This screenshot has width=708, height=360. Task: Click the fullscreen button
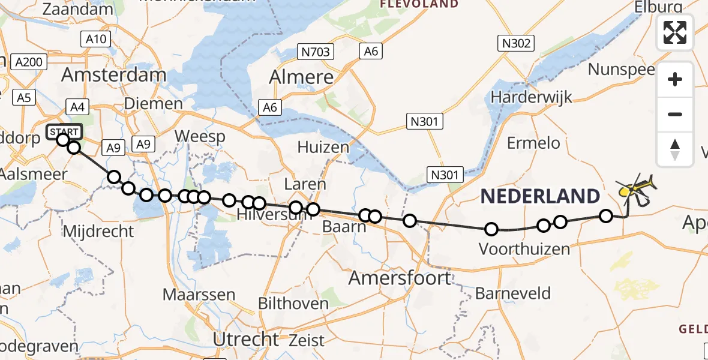click(x=675, y=32)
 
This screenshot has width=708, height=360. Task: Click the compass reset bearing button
click(x=675, y=149)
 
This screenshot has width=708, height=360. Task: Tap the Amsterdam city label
click(x=113, y=75)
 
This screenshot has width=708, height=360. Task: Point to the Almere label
click(x=301, y=77)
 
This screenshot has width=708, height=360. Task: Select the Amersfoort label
click(x=400, y=278)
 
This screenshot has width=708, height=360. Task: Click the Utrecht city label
click(x=247, y=339)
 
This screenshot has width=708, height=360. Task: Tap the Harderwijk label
click(x=532, y=97)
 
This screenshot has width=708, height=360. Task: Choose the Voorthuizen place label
click(x=524, y=248)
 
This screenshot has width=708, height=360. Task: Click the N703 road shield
click(x=316, y=52)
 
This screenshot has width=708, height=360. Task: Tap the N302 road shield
click(x=515, y=43)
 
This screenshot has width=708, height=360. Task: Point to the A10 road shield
click(x=95, y=40)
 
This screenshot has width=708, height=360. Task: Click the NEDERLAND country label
click(x=539, y=196)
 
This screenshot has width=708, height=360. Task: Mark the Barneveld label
click(x=512, y=293)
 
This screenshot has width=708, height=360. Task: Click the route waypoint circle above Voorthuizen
click(x=491, y=229)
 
